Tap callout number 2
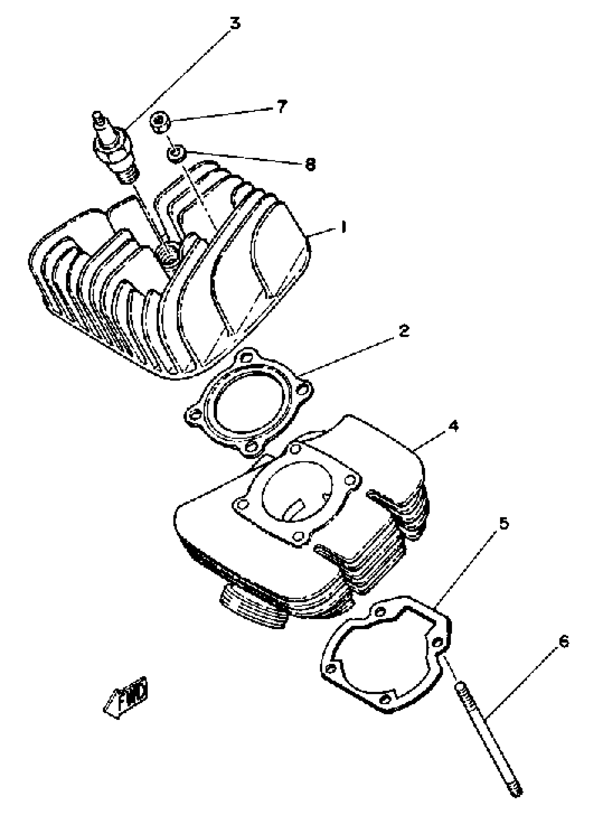(403, 331)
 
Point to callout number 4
(453, 426)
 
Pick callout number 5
(504, 523)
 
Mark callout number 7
(282, 106)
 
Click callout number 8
(310, 164)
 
